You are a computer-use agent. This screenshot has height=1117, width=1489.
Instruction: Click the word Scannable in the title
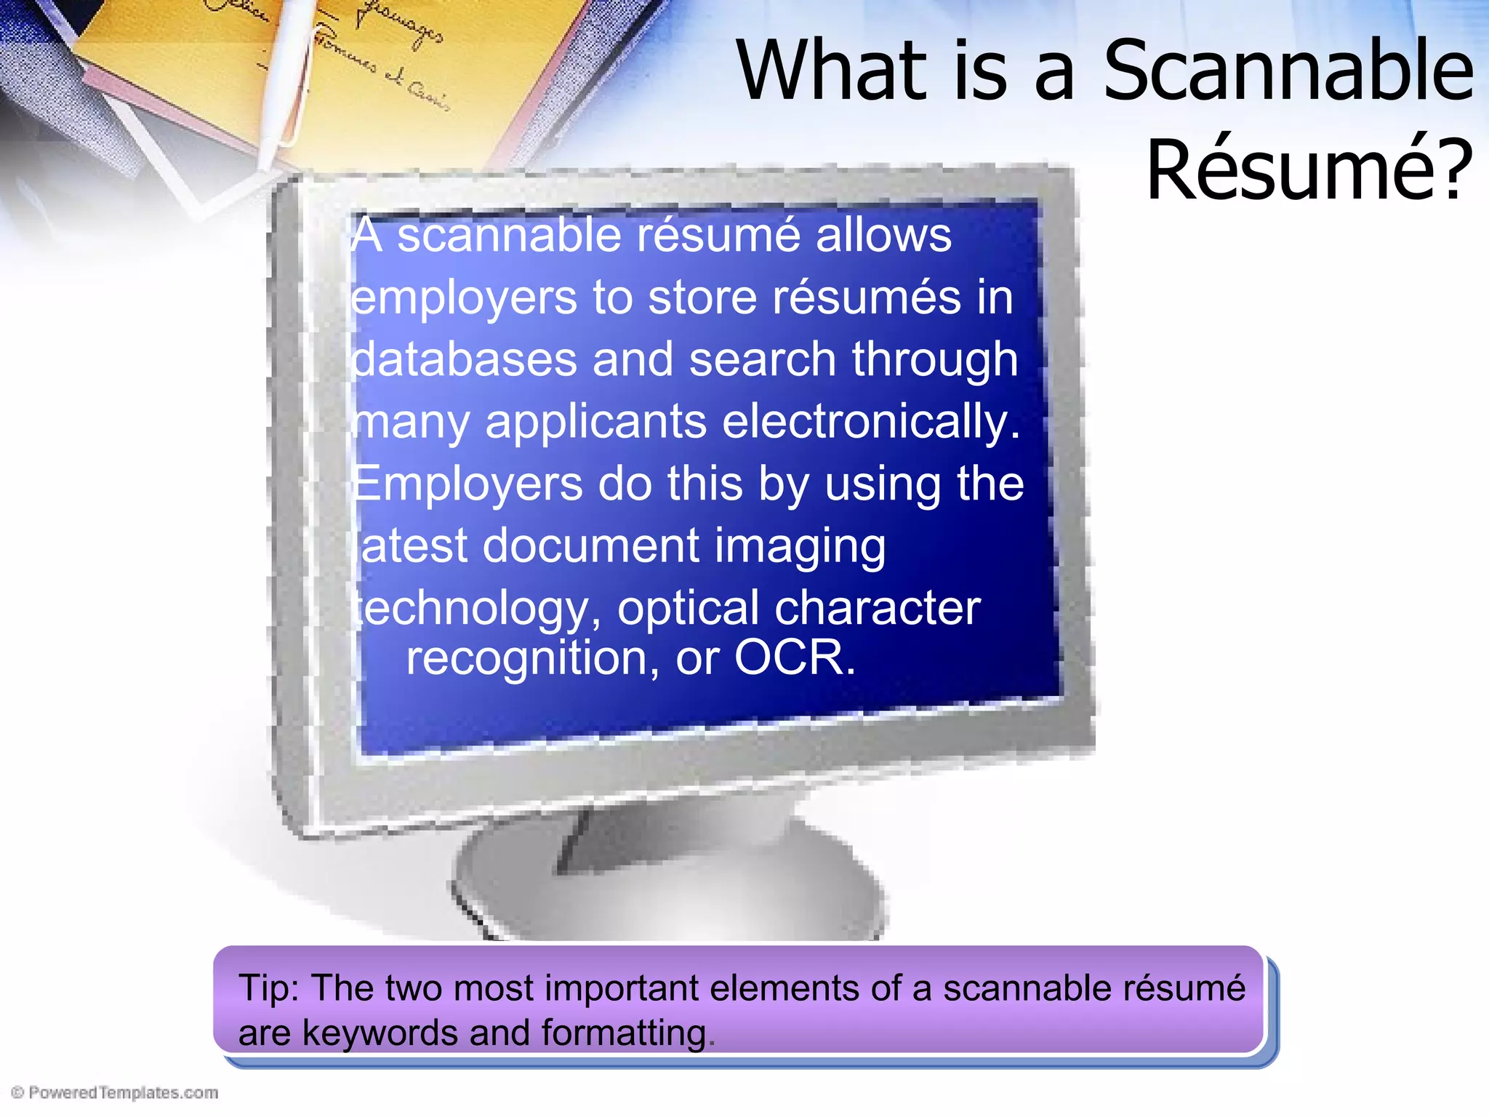pos(1288,71)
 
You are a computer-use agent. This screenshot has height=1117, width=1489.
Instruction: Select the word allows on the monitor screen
pos(883,235)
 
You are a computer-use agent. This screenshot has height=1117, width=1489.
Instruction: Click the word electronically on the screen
pos(871,422)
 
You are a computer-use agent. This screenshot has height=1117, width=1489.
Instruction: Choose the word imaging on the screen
pos(800,547)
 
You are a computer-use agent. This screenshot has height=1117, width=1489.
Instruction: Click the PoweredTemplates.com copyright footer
pos(115,1092)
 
